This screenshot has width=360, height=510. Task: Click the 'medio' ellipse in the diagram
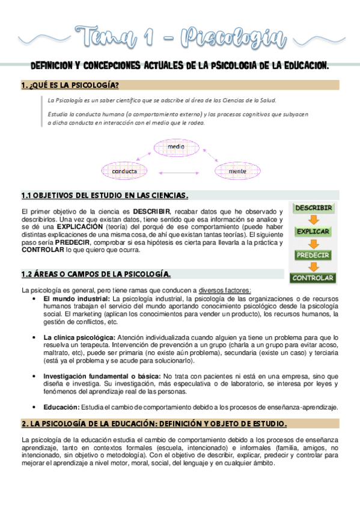(176, 147)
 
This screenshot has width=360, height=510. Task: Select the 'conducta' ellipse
(124, 171)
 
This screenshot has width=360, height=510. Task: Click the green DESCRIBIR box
(313, 208)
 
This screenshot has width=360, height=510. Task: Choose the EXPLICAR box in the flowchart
(313, 232)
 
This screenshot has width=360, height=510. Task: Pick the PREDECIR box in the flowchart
(313, 255)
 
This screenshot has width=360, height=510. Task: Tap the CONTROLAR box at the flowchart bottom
(313, 278)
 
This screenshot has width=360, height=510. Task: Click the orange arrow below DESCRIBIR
(313, 220)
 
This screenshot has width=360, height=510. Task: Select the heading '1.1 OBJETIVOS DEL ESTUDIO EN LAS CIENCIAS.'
(105, 195)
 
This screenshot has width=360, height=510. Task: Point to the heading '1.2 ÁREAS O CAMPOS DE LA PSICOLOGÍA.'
(96, 274)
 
